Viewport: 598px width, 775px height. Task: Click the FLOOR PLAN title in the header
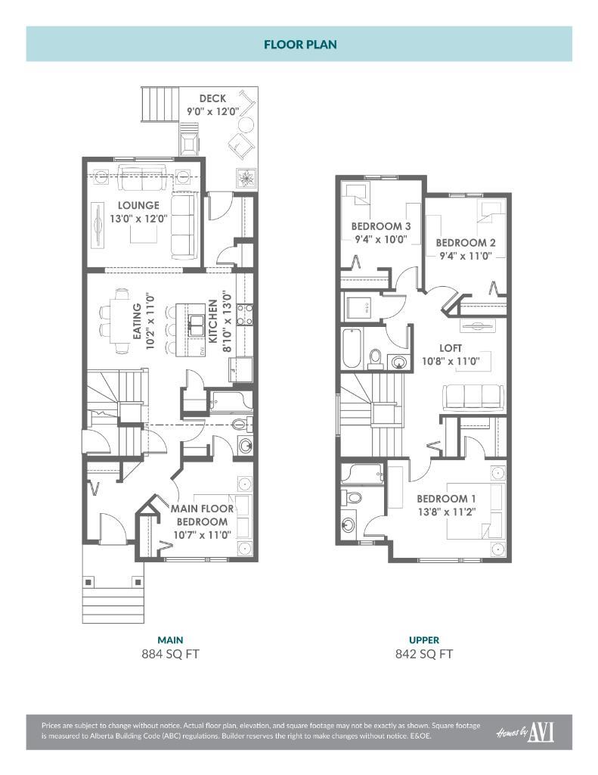[x=300, y=45]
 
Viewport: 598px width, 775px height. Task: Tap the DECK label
[x=213, y=98]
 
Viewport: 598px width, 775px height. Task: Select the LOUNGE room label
[x=138, y=205]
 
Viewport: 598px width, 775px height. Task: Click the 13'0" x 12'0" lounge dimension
[x=138, y=218]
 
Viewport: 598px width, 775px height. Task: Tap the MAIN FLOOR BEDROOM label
[x=202, y=515]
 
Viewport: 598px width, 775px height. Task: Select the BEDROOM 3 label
[x=380, y=226]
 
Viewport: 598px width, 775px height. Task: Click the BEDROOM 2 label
[x=465, y=243]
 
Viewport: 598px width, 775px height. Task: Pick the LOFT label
[x=451, y=348]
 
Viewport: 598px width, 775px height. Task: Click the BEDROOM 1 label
[x=446, y=499]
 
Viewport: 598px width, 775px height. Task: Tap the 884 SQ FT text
[x=170, y=654]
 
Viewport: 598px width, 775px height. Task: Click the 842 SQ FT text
[x=424, y=654]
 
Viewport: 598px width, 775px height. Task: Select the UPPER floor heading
[x=424, y=640]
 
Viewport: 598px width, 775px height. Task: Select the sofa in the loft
[x=473, y=395]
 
